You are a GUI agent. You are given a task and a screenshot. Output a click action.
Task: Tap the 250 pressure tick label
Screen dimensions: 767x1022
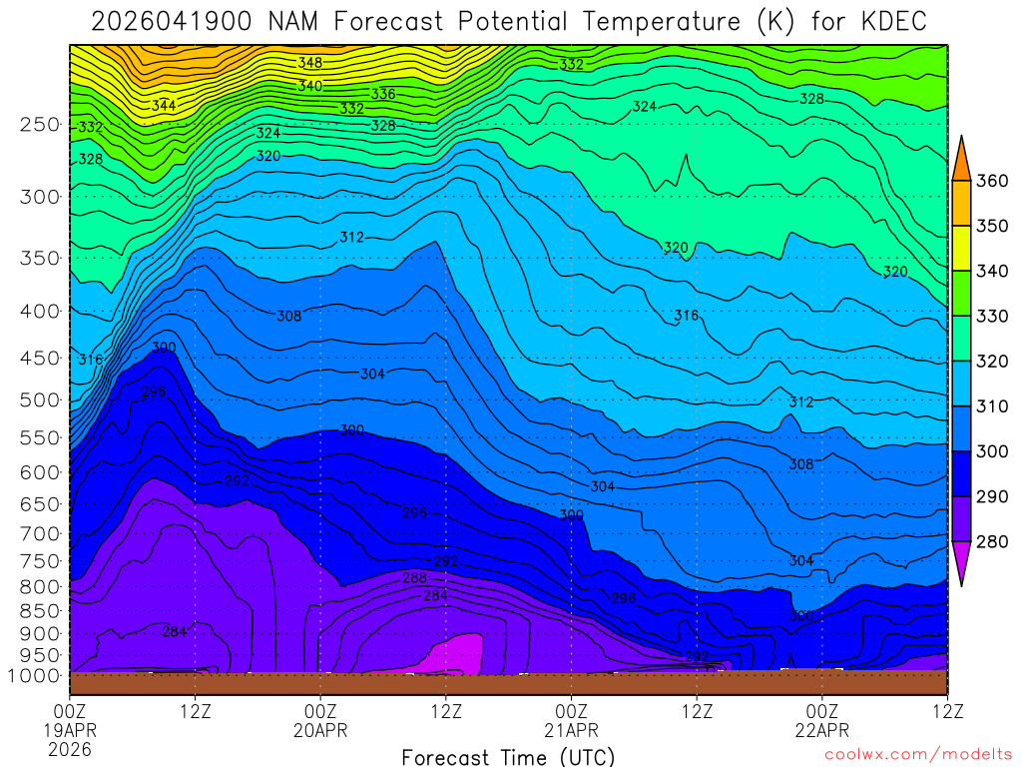[x=39, y=125]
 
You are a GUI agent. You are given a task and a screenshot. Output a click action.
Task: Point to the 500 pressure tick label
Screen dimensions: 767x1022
[x=39, y=400]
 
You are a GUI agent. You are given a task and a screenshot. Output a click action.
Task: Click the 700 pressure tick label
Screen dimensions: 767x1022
[x=39, y=532]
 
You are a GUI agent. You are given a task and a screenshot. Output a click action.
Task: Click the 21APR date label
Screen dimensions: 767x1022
[x=571, y=730]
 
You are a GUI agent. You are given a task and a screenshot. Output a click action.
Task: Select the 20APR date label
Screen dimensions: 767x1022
[x=320, y=730]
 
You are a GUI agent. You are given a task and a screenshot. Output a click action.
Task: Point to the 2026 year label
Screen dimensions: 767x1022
[x=70, y=749]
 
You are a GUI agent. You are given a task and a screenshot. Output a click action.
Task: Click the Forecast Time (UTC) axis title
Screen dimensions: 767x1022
[x=508, y=757]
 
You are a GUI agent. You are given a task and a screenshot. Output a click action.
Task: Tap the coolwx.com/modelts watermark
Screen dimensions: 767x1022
[x=918, y=755]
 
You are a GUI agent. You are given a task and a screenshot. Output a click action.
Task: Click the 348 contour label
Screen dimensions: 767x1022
[x=309, y=63]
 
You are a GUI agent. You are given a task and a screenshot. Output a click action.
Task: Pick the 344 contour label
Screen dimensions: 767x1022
[x=164, y=105]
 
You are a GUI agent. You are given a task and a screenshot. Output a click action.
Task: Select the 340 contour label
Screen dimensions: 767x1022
[x=309, y=87]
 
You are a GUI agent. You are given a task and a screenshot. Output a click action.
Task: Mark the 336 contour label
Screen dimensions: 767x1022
[x=383, y=94]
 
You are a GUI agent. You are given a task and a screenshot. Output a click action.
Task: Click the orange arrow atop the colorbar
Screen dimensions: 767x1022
[x=962, y=157]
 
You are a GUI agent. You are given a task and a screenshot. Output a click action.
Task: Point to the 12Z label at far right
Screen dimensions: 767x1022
[x=946, y=711]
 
